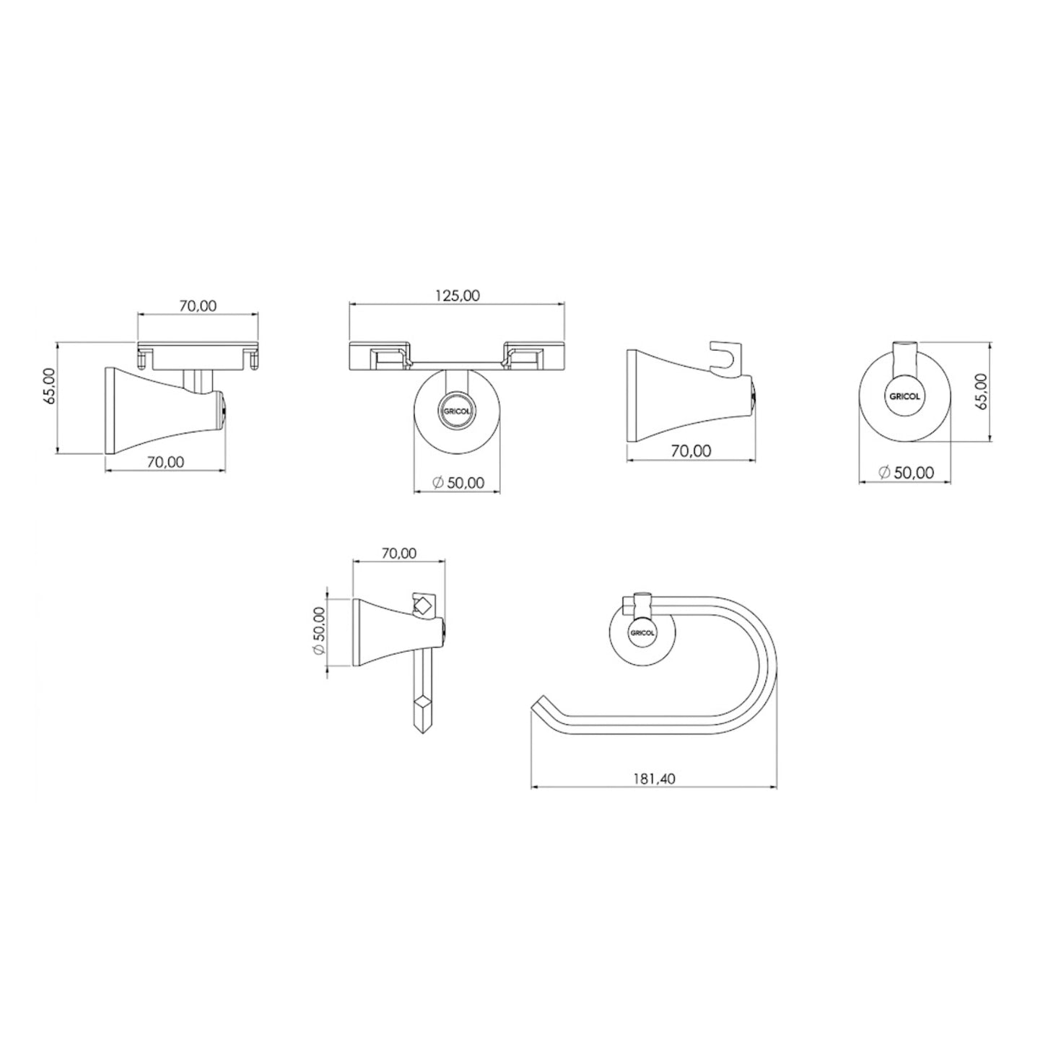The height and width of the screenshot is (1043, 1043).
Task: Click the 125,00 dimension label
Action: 458,295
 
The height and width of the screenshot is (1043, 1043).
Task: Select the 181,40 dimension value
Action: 655,779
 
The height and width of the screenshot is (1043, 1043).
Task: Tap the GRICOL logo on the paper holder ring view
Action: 642,632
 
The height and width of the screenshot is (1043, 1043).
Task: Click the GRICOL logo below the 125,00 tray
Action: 457,410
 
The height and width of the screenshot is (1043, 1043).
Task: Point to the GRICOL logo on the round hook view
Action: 904,396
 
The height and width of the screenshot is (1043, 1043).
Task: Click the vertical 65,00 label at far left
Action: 50,386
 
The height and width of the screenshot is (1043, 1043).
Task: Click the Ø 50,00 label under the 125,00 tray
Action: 459,482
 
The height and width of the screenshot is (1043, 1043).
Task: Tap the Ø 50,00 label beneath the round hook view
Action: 907,473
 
